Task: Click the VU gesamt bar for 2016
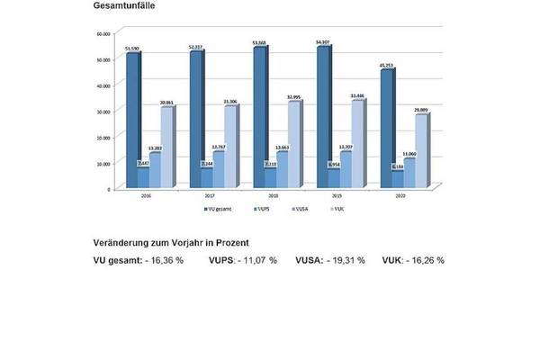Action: [132, 121]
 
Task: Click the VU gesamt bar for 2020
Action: [387, 130]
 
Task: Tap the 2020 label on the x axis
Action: [403, 199]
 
